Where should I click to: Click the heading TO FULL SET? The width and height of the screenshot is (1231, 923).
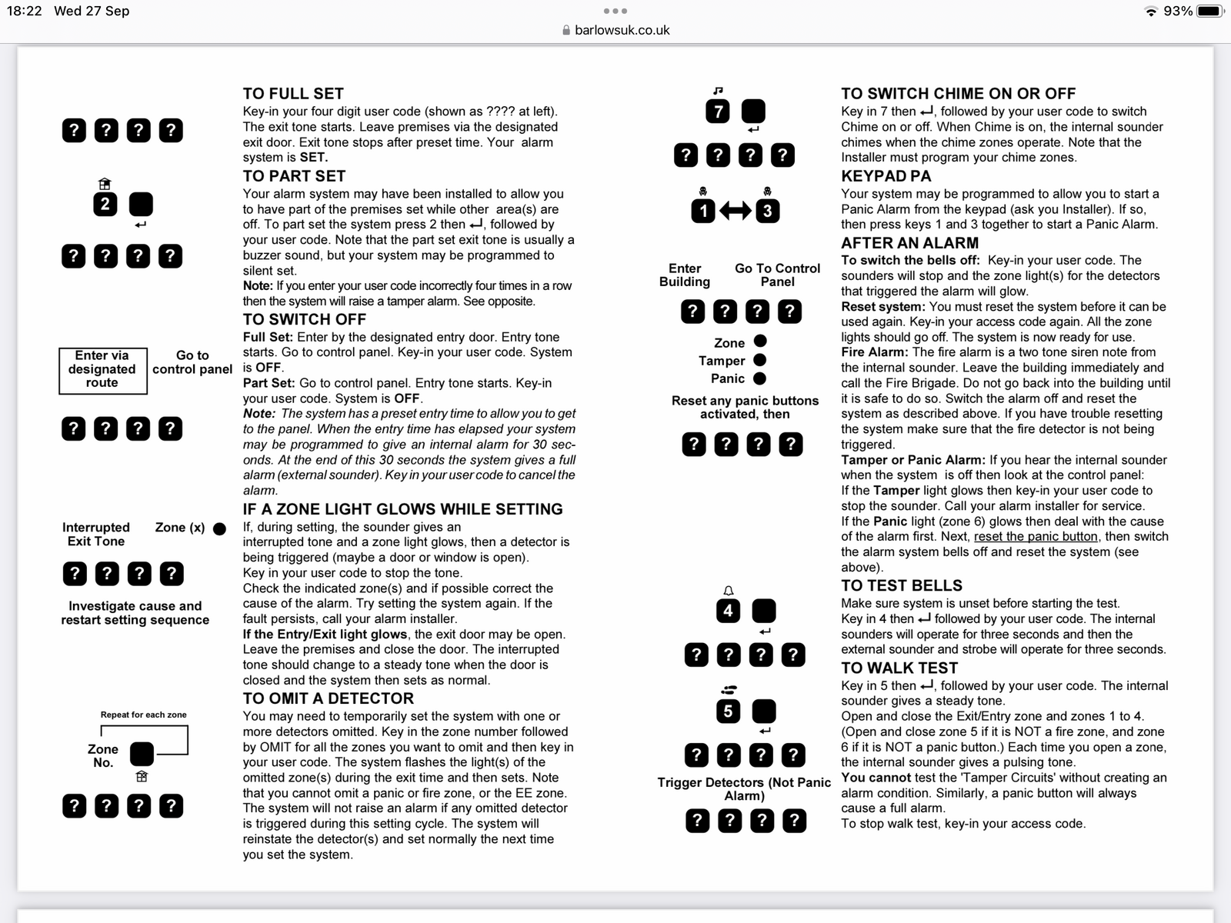[x=293, y=94]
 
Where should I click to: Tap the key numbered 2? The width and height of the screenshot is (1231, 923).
[x=105, y=205]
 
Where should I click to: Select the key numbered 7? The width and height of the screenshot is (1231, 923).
[x=718, y=112]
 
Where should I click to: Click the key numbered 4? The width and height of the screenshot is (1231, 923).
[x=728, y=611]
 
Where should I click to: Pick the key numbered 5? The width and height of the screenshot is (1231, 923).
[x=728, y=711]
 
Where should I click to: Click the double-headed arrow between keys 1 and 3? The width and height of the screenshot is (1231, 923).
[x=735, y=211]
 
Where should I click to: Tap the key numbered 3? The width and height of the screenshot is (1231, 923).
[x=767, y=211]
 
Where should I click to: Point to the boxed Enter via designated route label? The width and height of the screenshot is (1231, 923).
[x=102, y=370]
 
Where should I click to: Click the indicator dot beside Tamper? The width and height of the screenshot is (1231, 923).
[x=759, y=360]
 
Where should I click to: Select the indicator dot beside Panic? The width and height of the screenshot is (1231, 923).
[x=759, y=378]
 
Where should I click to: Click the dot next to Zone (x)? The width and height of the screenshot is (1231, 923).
[x=219, y=528]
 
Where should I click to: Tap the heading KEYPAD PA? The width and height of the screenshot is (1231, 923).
[x=886, y=176]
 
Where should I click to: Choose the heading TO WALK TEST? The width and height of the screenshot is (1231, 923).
[x=899, y=668]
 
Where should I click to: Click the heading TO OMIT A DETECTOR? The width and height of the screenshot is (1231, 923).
[x=328, y=698]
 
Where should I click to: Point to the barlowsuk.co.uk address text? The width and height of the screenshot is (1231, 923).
[x=622, y=31]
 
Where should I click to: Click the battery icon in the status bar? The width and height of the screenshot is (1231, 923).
[x=1210, y=12]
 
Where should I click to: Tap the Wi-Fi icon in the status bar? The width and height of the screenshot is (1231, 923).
[x=1151, y=12]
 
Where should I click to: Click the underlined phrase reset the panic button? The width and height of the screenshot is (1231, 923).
[x=1036, y=537]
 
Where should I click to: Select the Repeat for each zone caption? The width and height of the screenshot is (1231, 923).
[x=143, y=715]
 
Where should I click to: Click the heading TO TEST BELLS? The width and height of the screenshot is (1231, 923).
[x=901, y=585]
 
